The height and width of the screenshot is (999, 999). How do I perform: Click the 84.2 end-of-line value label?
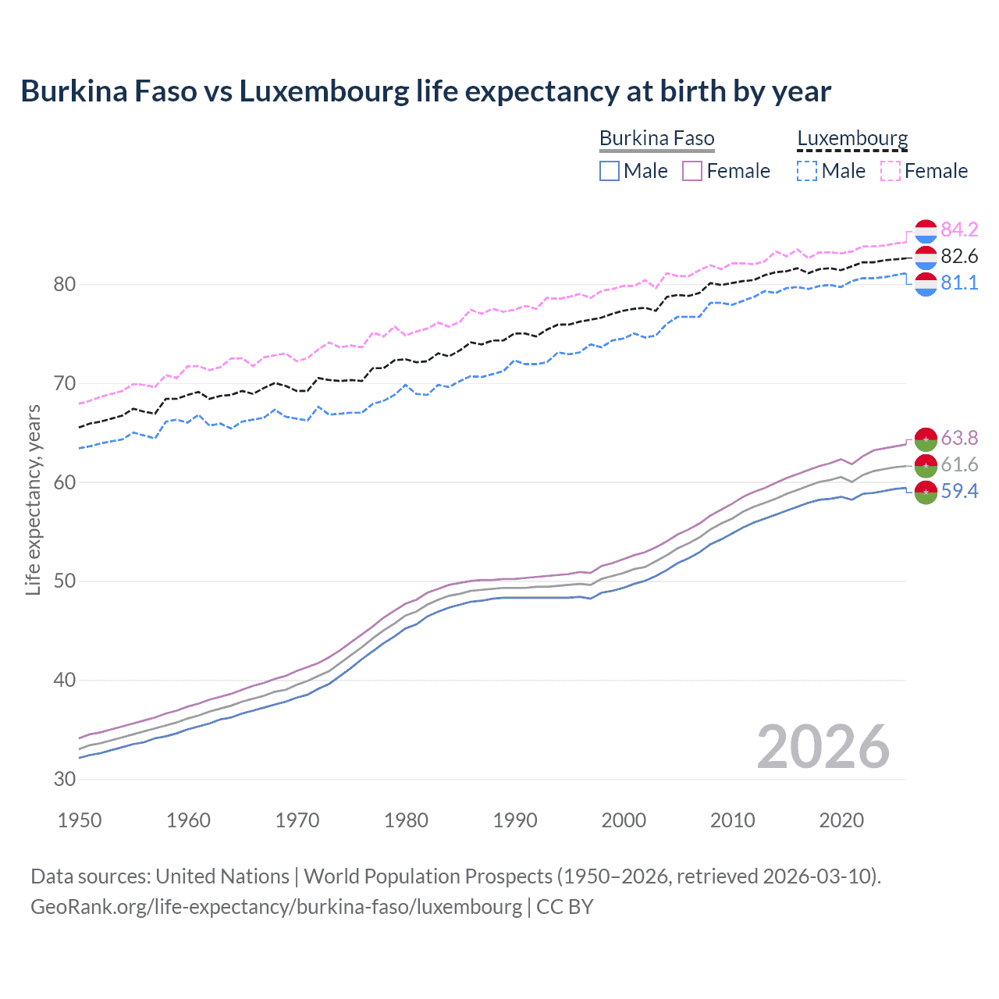pos(959,229)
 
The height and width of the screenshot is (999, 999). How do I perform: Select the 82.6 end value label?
pos(959,256)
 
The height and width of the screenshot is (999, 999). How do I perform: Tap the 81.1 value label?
pos(959,283)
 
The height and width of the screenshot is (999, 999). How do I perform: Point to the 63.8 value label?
pos(959,438)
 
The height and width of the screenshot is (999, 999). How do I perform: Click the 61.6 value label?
pos(959,464)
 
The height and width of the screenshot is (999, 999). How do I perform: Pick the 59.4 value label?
pos(959,491)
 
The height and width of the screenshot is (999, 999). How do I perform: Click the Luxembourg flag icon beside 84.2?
pos(926,231)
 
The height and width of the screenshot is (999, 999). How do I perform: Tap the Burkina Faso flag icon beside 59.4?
pos(926,492)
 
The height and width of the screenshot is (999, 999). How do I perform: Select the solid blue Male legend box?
pos(610,171)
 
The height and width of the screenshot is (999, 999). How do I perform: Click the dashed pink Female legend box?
pos(891,171)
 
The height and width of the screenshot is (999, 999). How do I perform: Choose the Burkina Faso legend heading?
pos(656,138)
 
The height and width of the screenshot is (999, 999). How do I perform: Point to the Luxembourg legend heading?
pos(852,138)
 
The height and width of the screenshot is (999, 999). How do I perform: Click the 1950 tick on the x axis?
pos(80,820)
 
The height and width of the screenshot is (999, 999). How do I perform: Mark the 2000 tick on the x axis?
pos(624,820)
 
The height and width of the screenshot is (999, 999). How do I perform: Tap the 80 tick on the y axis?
pos(64,284)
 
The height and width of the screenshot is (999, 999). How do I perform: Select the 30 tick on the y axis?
pos(64,779)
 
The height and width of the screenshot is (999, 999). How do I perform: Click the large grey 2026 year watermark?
pos(823,747)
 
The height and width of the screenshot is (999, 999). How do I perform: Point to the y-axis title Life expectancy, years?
pos(33,499)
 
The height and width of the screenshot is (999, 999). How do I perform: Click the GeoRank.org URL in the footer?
pos(276,906)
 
